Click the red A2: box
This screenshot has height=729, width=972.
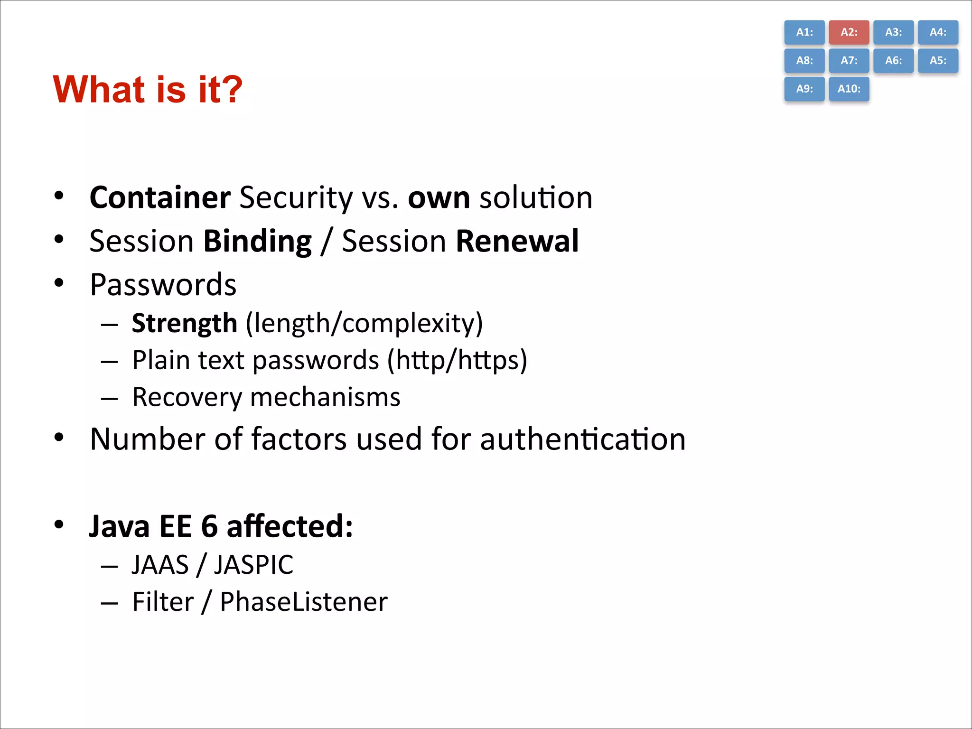pyautogui.click(x=849, y=32)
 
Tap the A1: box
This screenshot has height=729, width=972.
pyautogui.click(x=804, y=32)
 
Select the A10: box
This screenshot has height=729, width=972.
pyautogui.click(x=849, y=89)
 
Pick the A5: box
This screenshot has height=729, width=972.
pyautogui.click(x=937, y=60)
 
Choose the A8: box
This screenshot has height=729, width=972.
pyautogui.click(x=804, y=60)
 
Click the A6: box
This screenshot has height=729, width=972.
pyautogui.click(x=893, y=60)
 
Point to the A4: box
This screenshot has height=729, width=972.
pyautogui.click(x=937, y=32)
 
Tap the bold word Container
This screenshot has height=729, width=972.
pyautogui.click(x=160, y=197)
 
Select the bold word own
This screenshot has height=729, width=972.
pyautogui.click(x=439, y=197)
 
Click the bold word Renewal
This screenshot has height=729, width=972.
pyautogui.click(x=517, y=241)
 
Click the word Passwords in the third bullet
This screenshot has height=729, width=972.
pyautogui.click(x=163, y=285)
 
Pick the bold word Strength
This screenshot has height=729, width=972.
pyautogui.click(x=184, y=323)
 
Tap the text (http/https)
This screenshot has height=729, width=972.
pyautogui.click(x=457, y=360)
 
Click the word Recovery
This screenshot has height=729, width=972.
pyautogui.click(x=187, y=397)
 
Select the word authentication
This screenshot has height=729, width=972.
pyautogui.click(x=582, y=439)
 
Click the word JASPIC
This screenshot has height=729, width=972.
pyautogui.click(x=253, y=565)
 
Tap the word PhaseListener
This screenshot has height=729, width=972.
pyautogui.click(x=304, y=602)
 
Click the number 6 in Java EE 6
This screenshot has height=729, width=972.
pyautogui.click(x=209, y=526)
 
